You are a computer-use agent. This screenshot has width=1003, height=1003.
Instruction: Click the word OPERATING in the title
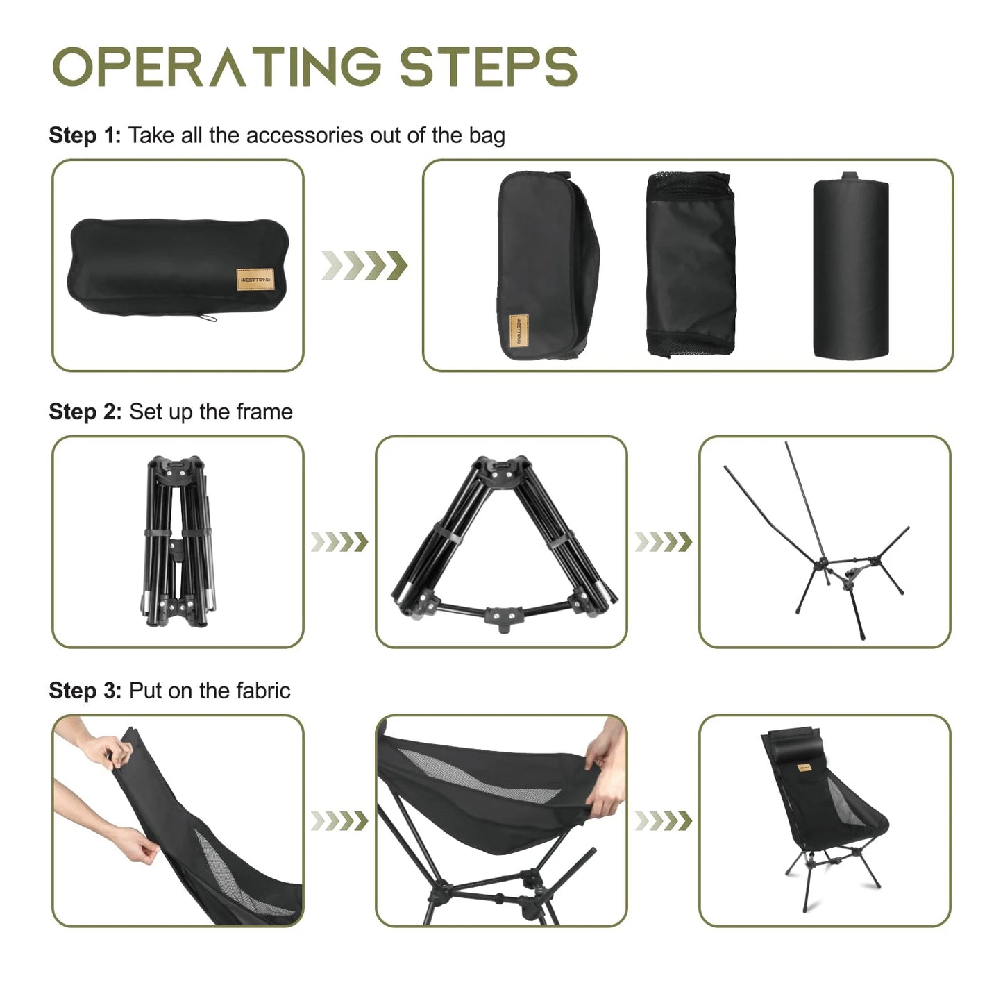(217, 67)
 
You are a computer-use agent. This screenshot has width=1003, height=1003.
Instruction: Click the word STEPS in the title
(488, 67)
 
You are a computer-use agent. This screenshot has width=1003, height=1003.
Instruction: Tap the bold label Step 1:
(85, 135)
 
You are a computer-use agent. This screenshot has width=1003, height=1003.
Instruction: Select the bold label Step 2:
(85, 412)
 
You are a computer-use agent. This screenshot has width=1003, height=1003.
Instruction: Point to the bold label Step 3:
(85, 691)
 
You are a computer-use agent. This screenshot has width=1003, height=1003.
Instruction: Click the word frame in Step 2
(264, 412)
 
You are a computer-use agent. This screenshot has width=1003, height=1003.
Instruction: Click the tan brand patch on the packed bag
(255, 280)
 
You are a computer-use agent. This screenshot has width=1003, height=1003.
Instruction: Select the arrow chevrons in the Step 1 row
(364, 265)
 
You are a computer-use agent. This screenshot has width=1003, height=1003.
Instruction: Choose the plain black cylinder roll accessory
(850, 268)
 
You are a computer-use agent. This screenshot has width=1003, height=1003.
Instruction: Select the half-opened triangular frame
(501, 541)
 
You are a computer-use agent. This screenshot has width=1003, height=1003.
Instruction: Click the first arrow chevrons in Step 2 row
(339, 542)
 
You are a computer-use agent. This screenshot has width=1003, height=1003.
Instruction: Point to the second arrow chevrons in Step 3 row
(664, 821)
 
